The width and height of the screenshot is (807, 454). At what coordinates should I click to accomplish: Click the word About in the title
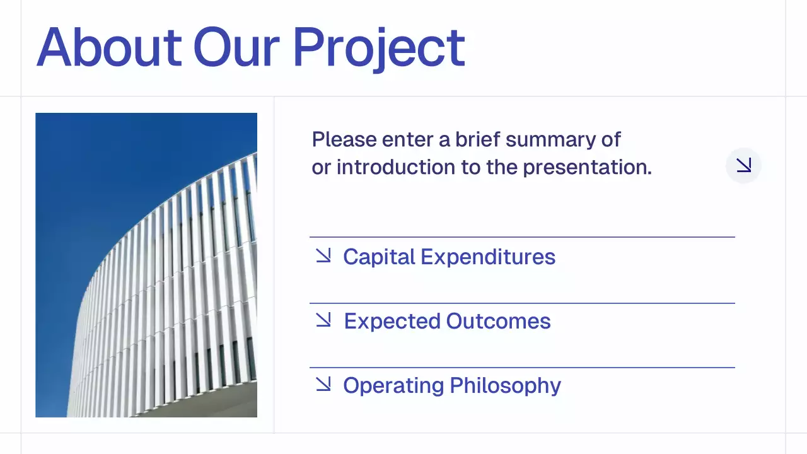pyautogui.click(x=109, y=48)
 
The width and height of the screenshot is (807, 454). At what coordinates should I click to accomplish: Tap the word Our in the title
pyautogui.click(x=236, y=48)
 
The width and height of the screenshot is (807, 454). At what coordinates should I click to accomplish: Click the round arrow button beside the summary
pyautogui.click(x=744, y=166)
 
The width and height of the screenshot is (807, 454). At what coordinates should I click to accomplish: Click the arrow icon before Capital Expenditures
pyautogui.click(x=323, y=255)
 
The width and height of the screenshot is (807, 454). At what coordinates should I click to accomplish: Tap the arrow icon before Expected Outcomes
pyautogui.click(x=323, y=320)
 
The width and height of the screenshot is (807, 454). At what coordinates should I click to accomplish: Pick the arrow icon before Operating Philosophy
pyautogui.click(x=323, y=384)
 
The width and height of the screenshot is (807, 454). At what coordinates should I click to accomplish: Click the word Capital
pyautogui.click(x=379, y=257)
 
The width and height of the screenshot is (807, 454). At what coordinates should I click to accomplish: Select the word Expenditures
pyautogui.click(x=488, y=257)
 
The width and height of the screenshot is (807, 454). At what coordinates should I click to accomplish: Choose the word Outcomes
pyautogui.click(x=498, y=322)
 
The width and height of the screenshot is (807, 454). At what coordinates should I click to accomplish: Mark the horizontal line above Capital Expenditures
pyautogui.click(x=522, y=237)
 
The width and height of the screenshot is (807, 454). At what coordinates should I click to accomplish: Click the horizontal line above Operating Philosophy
pyautogui.click(x=522, y=368)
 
